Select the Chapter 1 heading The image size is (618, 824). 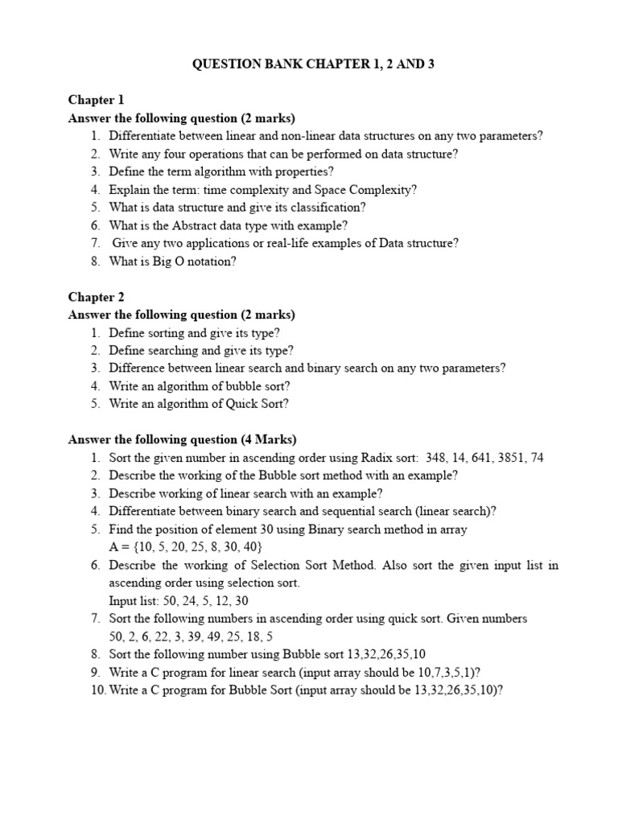pyautogui.click(x=97, y=101)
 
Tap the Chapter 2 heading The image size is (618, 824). pyautogui.click(x=97, y=297)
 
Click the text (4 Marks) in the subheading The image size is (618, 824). pyautogui.click(x=269, y=439)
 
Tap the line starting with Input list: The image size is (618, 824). pyautogui.click(x=179, y=600)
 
